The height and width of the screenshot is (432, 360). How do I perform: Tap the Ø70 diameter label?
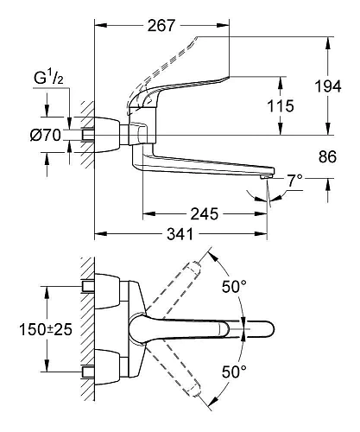point(45,135)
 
